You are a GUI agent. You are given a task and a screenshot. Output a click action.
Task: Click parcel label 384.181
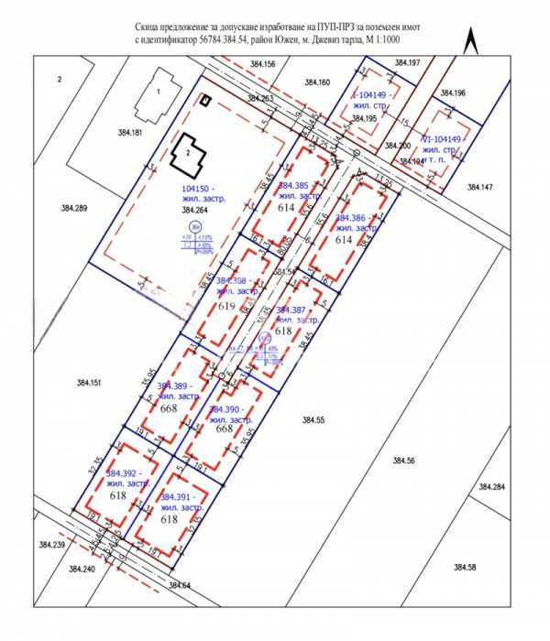[x=131, y=133]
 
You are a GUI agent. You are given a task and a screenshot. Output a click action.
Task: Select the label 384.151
[x=91, y=382]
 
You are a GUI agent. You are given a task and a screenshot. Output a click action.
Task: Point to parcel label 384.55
[x=314, y=418]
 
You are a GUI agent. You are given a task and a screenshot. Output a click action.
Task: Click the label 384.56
[x=403, y=460]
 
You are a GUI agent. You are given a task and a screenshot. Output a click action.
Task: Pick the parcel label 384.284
[x=491, y=486]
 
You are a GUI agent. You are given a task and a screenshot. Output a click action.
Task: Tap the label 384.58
[x=465, y=568]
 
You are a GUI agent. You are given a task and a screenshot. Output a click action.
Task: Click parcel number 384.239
[x=52, y=545]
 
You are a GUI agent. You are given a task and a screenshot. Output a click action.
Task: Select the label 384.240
[x=82, y=568]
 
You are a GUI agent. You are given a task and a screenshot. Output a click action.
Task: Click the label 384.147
[x=479, y=187]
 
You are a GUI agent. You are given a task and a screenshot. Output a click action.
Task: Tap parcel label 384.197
[x=407, y=61]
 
